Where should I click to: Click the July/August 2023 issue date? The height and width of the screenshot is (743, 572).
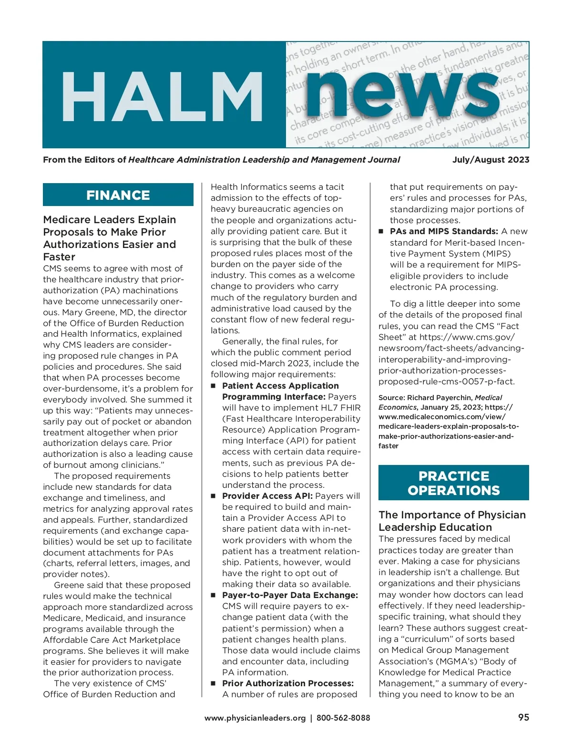coord(490,160)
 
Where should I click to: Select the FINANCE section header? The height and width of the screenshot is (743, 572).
coord(118,195)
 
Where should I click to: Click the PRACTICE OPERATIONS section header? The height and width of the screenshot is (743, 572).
coord(453,483)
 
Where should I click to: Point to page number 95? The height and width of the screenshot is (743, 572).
coord(523,717)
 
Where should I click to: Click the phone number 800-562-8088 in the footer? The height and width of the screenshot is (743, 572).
coord(343,718)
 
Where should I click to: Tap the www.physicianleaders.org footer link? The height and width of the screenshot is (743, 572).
coord(255,718)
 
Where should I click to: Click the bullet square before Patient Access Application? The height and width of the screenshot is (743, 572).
coord(214,385)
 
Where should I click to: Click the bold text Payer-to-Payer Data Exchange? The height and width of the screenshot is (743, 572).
coord(290,595)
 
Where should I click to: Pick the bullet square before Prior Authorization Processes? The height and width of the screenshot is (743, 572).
coord(214,683)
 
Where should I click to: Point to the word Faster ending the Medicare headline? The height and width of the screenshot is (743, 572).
coord(59,257)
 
